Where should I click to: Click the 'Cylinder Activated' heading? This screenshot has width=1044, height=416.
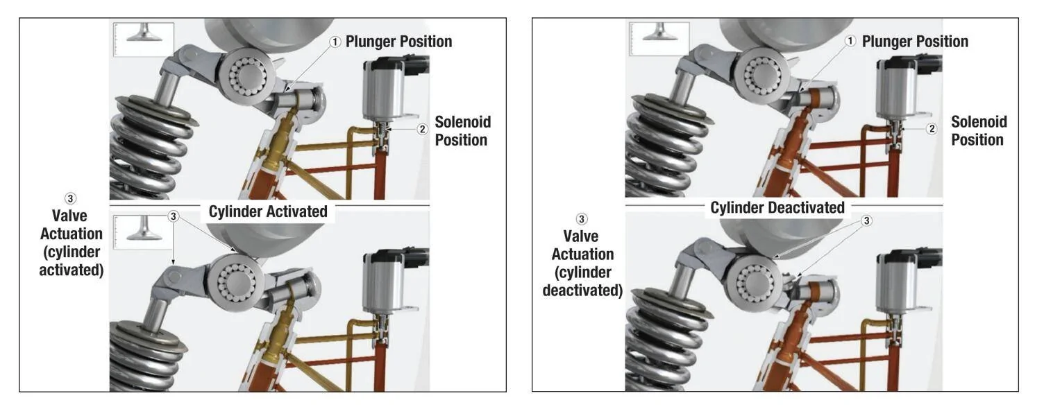(x=268, y=212)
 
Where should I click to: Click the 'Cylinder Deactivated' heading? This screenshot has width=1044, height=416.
(x=777, y=207)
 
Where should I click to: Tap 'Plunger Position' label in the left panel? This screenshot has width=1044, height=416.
(x=398, y=42)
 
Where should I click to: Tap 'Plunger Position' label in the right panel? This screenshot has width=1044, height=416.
(x=915, y=42)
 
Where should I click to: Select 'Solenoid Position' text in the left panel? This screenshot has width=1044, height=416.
(x=462, y=130)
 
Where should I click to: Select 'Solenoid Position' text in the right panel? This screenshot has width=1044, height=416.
(x=979, y=130)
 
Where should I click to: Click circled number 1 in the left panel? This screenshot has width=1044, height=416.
(x=335, y=42)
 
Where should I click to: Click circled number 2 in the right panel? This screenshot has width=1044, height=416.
(x=932, y=128)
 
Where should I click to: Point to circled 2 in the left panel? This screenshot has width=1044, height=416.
(x=422, y=128)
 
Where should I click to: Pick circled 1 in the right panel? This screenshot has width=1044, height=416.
(x=851, y=42)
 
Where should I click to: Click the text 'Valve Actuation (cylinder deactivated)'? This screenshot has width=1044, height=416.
(x=582, y=263)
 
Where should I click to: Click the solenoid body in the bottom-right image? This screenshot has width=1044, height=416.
(x=900, y=285)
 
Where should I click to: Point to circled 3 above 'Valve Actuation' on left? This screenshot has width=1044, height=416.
(x=69, y=198)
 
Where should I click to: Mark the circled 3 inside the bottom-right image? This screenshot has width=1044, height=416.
(x=866, y=221)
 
